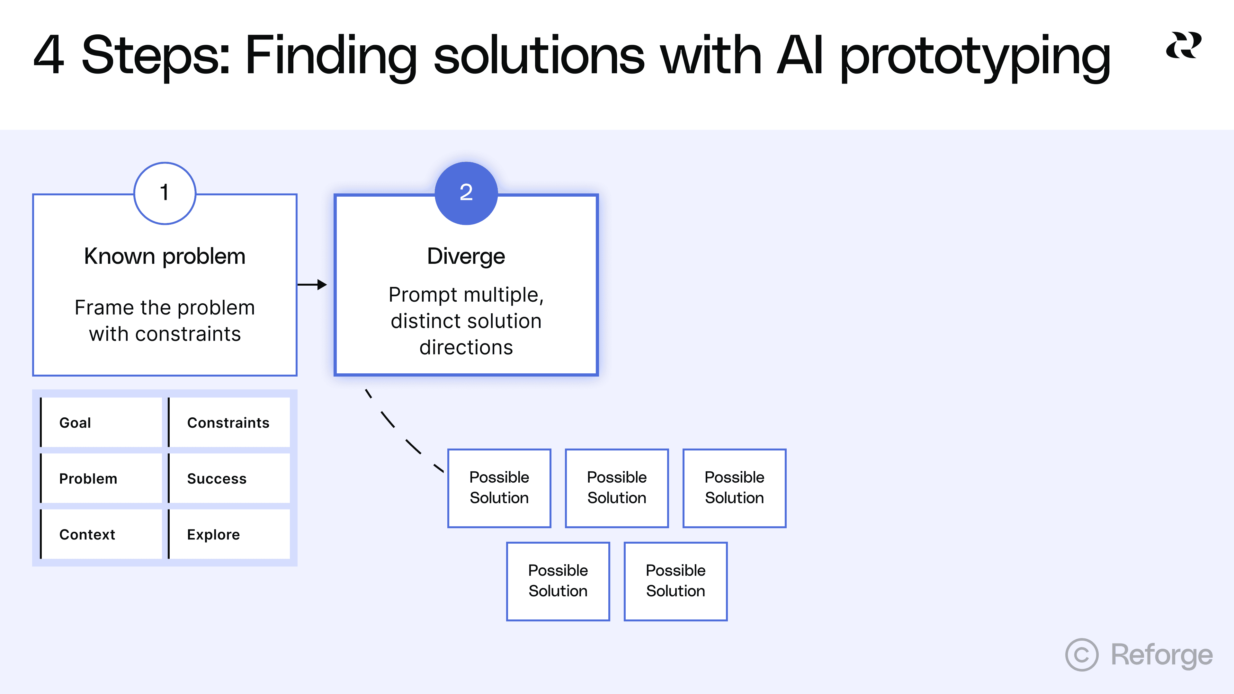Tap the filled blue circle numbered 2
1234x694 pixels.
(466, 193)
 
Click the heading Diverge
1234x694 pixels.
(466, 256)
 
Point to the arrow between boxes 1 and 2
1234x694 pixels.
(312, 284)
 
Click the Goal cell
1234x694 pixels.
(101, 423)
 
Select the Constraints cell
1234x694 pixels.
(229, 423)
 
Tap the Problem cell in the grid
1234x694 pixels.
(101, 478)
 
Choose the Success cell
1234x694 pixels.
(229, 478)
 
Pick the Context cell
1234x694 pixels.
(101, 535)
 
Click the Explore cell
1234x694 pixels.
(229, 535)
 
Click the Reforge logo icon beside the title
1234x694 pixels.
(1183, 46)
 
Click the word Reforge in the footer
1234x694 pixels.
(1162, 655)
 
